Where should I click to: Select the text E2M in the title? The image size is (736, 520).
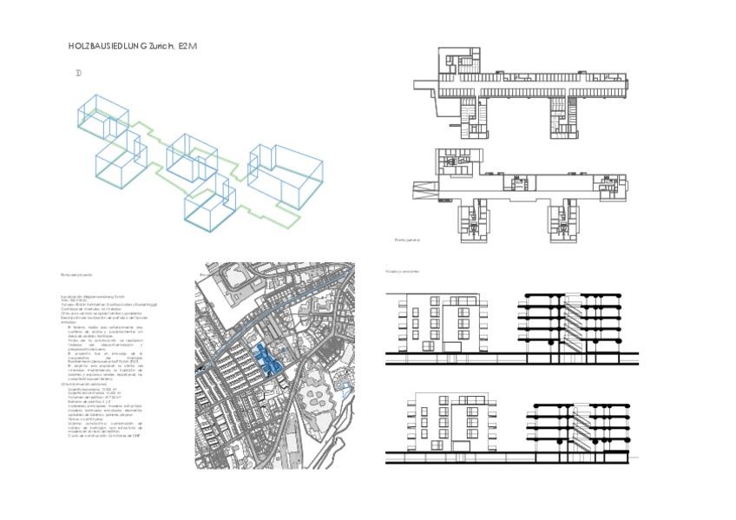188,45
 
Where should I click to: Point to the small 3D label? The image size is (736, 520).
78,74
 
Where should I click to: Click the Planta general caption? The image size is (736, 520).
407,239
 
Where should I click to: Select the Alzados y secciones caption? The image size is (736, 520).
404,271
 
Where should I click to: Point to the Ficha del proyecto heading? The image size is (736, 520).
76,274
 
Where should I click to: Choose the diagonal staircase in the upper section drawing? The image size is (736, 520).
562,326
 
